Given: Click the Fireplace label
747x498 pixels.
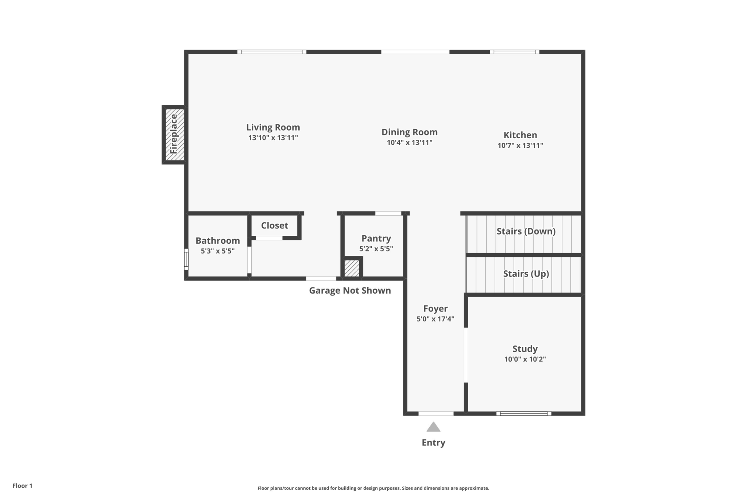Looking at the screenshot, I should tap(174, 134).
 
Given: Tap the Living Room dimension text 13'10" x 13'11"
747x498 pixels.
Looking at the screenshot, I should tap(273, 138).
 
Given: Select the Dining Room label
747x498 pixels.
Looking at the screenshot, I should tap(409, 132).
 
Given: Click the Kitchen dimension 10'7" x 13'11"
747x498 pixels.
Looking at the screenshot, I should tap(520, 146).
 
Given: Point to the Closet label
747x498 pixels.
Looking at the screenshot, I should tap(274, 225).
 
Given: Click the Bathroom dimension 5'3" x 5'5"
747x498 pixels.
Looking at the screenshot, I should tap(217, 251).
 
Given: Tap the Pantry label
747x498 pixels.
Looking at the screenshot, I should tap(376, 238).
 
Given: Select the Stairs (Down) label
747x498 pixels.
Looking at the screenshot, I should tap(526, 231).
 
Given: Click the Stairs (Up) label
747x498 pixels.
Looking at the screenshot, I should tap(526, 274).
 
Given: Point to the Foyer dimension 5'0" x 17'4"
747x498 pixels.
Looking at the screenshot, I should tap(435, 319).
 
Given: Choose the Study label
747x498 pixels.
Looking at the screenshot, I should tap(525, 349).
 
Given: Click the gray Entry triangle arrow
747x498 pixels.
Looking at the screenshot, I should tap(433, 427).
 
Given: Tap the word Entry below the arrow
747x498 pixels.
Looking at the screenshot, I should tap(433, 443).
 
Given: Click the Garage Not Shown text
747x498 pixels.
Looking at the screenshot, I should tap(350, 290).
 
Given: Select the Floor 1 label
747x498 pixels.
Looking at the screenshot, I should tap(22, 486).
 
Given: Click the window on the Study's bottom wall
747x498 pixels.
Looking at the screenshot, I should tap(523, 413).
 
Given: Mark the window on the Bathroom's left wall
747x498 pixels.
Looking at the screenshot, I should tap(186, 259).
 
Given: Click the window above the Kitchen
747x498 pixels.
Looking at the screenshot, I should tap(514, 52).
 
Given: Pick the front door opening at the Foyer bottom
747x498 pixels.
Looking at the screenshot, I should tap(436, 413).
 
